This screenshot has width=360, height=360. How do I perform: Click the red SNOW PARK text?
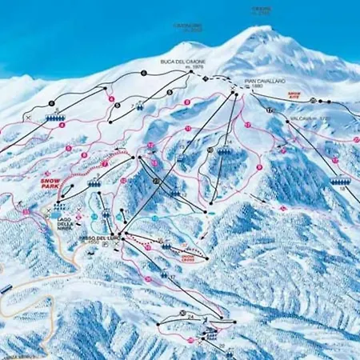click(50, 184)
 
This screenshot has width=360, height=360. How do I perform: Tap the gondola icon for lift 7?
click(141, 106)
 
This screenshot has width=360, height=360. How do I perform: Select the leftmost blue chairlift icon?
click(55, 118)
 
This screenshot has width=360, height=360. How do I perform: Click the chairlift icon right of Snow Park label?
click(94, 183)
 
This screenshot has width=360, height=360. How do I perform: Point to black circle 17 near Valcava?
click(270, 109)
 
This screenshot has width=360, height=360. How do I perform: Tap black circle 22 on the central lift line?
click(154, 182)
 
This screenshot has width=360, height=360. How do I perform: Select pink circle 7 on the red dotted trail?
click(105, 163)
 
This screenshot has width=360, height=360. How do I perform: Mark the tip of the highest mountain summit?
click(262, 27)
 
